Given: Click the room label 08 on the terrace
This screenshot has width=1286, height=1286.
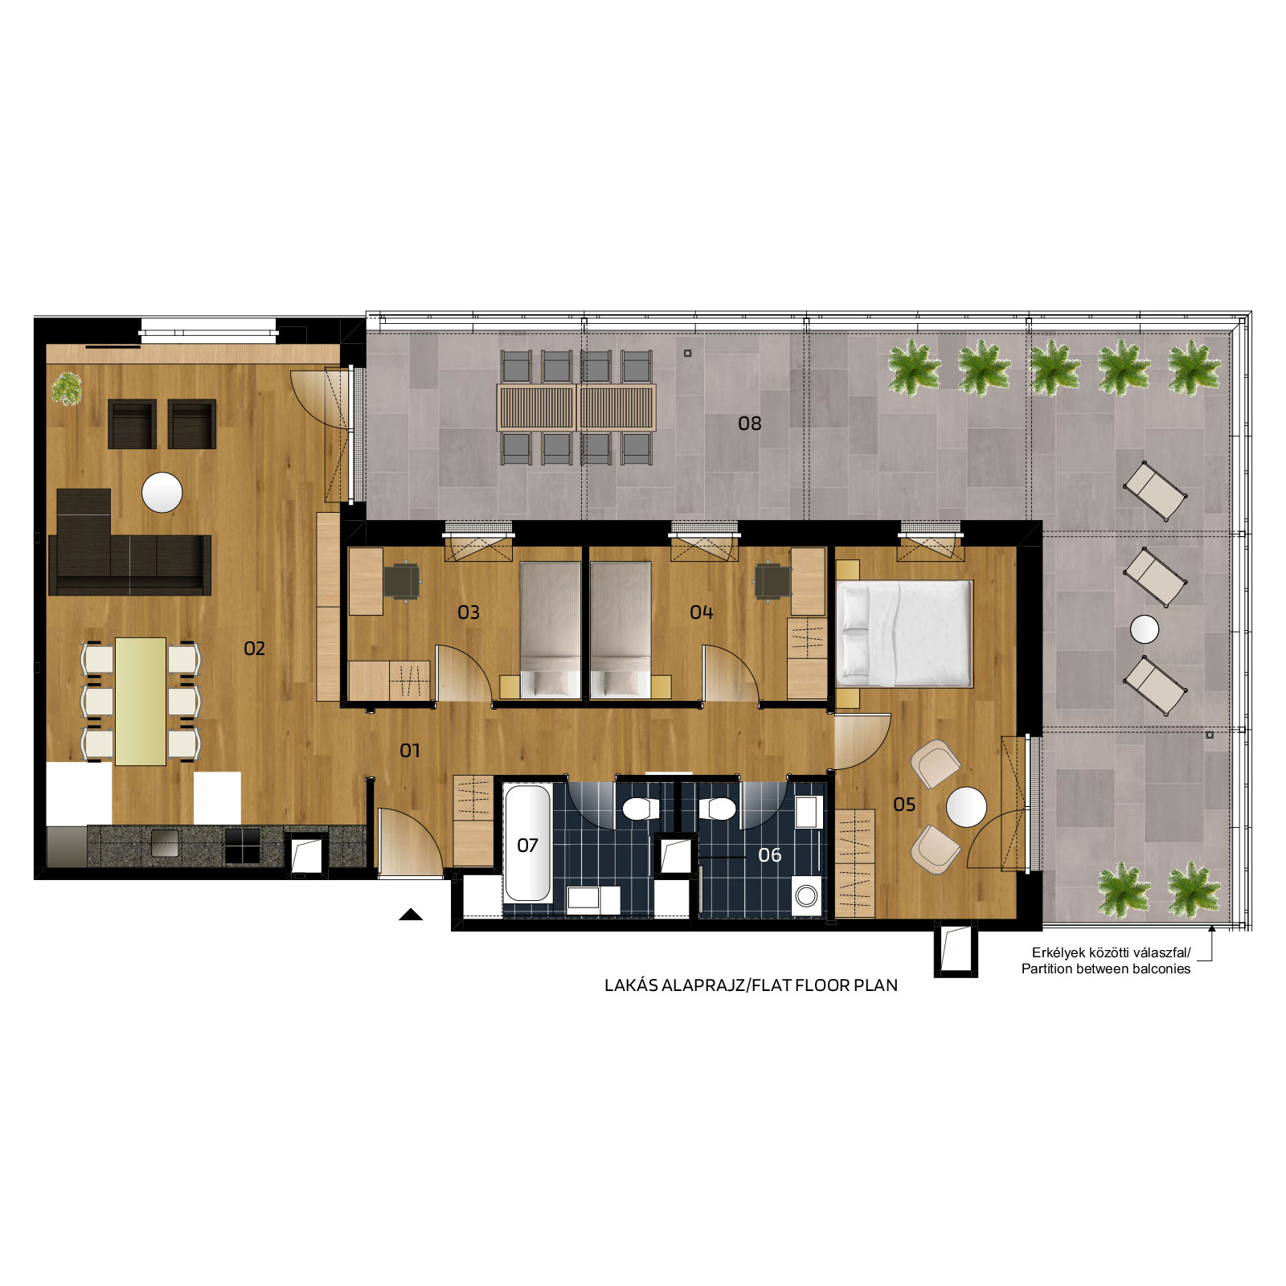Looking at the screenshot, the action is point(749,424).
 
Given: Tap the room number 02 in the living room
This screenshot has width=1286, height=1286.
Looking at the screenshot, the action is point(254,649).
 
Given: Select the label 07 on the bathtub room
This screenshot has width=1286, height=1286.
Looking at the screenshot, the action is point(527,846).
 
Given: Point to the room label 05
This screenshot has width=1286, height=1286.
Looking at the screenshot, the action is point(904,805).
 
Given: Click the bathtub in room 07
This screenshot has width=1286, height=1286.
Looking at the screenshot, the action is point(527,843).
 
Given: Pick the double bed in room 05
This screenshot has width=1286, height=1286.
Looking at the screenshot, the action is point(905,634).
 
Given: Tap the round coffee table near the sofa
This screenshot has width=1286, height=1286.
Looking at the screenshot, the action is point(162,493).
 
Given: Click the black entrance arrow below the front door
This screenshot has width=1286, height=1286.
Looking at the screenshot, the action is point(411,914).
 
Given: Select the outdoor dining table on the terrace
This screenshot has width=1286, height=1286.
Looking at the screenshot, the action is point(576,408).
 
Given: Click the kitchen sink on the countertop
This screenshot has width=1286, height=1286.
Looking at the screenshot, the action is point(165,844).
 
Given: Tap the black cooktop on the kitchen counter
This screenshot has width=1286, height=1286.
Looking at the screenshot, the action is point(242,846).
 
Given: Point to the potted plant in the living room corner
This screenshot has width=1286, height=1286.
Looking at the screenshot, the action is point(67,389).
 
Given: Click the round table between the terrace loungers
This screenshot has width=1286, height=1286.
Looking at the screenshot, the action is point(1145,629).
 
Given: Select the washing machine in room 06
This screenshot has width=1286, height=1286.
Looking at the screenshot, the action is point(806,895).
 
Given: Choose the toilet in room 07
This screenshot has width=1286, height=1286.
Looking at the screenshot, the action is point(641,809).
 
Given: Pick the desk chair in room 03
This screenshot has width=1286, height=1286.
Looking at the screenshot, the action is point(402,580).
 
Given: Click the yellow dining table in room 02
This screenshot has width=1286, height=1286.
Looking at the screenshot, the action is point(141,702).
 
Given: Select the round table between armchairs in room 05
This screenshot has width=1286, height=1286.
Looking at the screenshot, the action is point(966,807).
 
